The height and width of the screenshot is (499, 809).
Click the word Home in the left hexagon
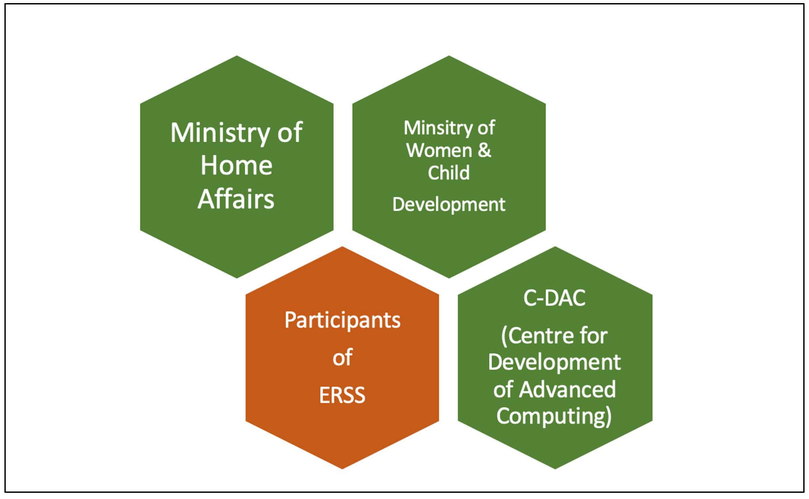237,166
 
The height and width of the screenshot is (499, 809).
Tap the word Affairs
236,199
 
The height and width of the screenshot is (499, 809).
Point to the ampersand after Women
485,150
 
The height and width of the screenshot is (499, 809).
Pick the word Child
448,173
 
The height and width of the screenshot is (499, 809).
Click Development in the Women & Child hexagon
448,205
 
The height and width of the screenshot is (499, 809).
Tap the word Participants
342,320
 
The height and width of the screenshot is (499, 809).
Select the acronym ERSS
342,395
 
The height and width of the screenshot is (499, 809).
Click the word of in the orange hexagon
342,358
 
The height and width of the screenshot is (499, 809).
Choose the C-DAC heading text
554,298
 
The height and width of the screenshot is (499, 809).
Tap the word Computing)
554,416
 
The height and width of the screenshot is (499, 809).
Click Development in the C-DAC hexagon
554,362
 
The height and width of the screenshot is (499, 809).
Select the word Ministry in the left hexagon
219,133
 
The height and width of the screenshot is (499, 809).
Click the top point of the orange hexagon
342,247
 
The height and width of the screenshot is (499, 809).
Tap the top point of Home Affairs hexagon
237,56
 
